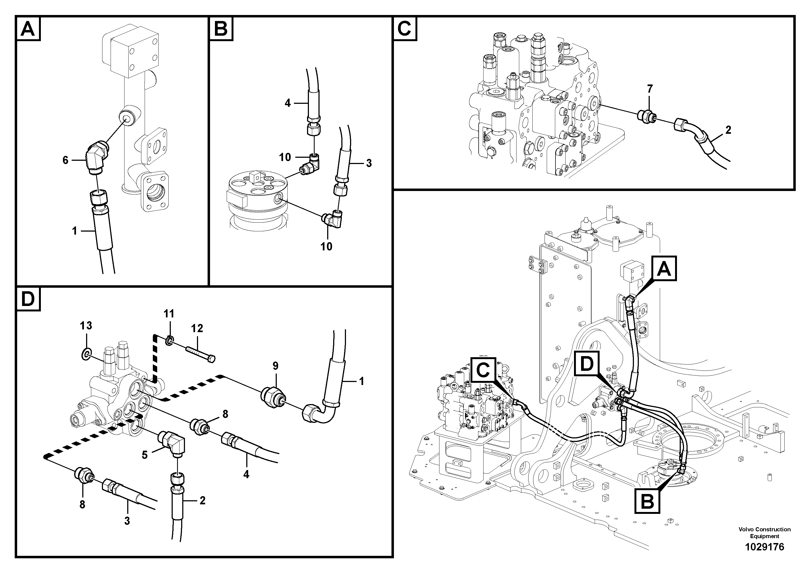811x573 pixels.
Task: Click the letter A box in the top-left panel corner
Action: pos(28,29)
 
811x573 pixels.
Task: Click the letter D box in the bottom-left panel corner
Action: pos(28,299)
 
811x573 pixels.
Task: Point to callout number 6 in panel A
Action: pos(65,160)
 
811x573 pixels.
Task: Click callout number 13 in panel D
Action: pos(86,325)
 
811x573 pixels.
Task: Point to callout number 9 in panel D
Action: pos(275,366)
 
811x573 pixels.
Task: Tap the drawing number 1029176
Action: pos(764,547)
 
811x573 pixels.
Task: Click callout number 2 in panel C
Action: pos(728,130)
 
